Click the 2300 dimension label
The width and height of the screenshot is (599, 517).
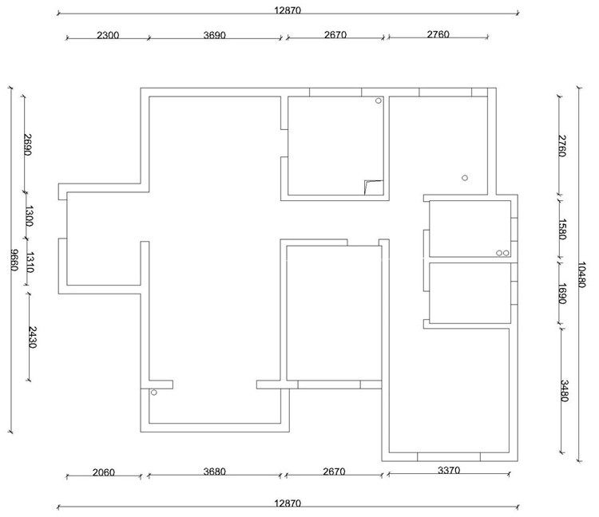tap(108, 35)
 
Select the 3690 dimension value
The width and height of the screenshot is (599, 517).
tap(214, 35)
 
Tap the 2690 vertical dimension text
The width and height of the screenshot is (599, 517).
tap(27, 144)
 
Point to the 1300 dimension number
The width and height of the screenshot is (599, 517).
tap(30, 216)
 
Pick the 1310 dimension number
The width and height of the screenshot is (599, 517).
tap(30, 262)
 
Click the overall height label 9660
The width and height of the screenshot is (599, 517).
tap(14, 260)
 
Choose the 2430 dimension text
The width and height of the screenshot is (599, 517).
tap(32, 337)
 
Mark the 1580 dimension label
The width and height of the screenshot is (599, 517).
tap(562, 229)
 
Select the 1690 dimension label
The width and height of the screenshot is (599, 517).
tap(562, 294)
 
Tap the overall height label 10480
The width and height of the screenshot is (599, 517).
tap(581, 274)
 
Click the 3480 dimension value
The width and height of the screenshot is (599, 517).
tap(564, 391)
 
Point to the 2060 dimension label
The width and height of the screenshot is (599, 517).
tap(104, 472)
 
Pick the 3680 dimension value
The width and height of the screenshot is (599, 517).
tap(214, 472)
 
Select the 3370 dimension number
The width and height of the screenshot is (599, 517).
tap(449, 471)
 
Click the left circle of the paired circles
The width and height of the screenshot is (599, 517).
tap(499, 253)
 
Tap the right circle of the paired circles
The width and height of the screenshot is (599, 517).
tap(506, 253)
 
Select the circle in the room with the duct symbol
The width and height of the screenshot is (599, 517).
tap(379, 101)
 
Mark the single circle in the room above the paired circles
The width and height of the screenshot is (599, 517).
tap(465, 178)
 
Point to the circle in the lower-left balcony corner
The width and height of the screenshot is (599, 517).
tap(153, 393)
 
